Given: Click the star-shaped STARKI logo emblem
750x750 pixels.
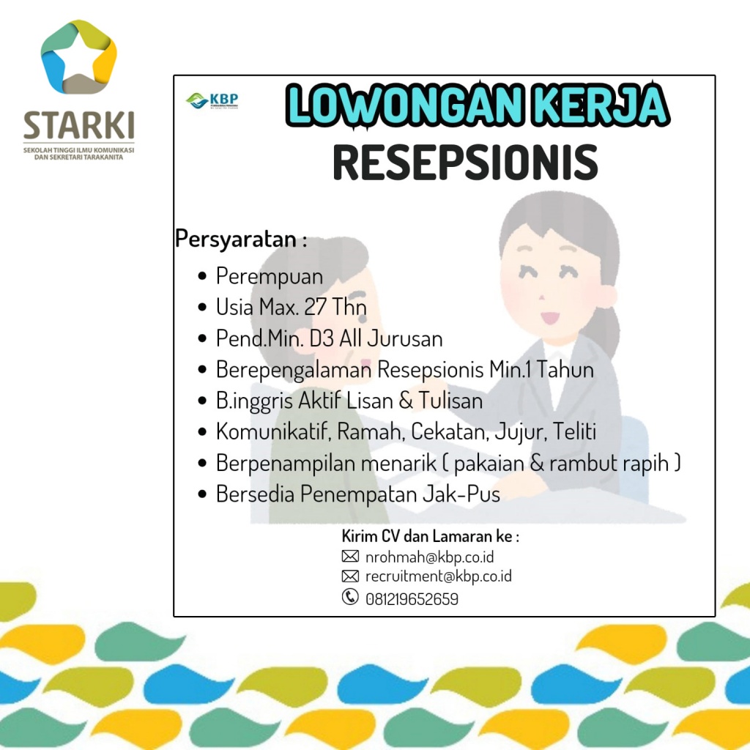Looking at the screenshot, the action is pos(79,56).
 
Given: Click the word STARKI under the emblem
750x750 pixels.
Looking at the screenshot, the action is pos(79,125).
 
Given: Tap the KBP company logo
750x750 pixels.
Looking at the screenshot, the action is pos(212,101).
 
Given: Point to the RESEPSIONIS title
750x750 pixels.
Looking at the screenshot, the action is pos(465,163).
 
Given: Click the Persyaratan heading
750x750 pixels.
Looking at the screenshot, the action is pos(241,239).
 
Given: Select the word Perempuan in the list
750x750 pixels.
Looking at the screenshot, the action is pos(270,277).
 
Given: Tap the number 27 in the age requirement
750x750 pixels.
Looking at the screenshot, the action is pos(315,307).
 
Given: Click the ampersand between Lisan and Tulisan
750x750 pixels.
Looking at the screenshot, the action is pos(406,401).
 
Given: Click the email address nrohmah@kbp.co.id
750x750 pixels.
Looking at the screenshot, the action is pos(429,557).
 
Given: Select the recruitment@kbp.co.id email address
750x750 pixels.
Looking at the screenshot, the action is pos(439,576).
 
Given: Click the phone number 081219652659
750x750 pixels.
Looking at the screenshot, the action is pos(412,599).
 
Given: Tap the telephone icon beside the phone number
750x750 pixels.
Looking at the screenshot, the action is pos(350,597).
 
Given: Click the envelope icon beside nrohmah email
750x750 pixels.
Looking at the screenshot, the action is pos(350,556).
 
